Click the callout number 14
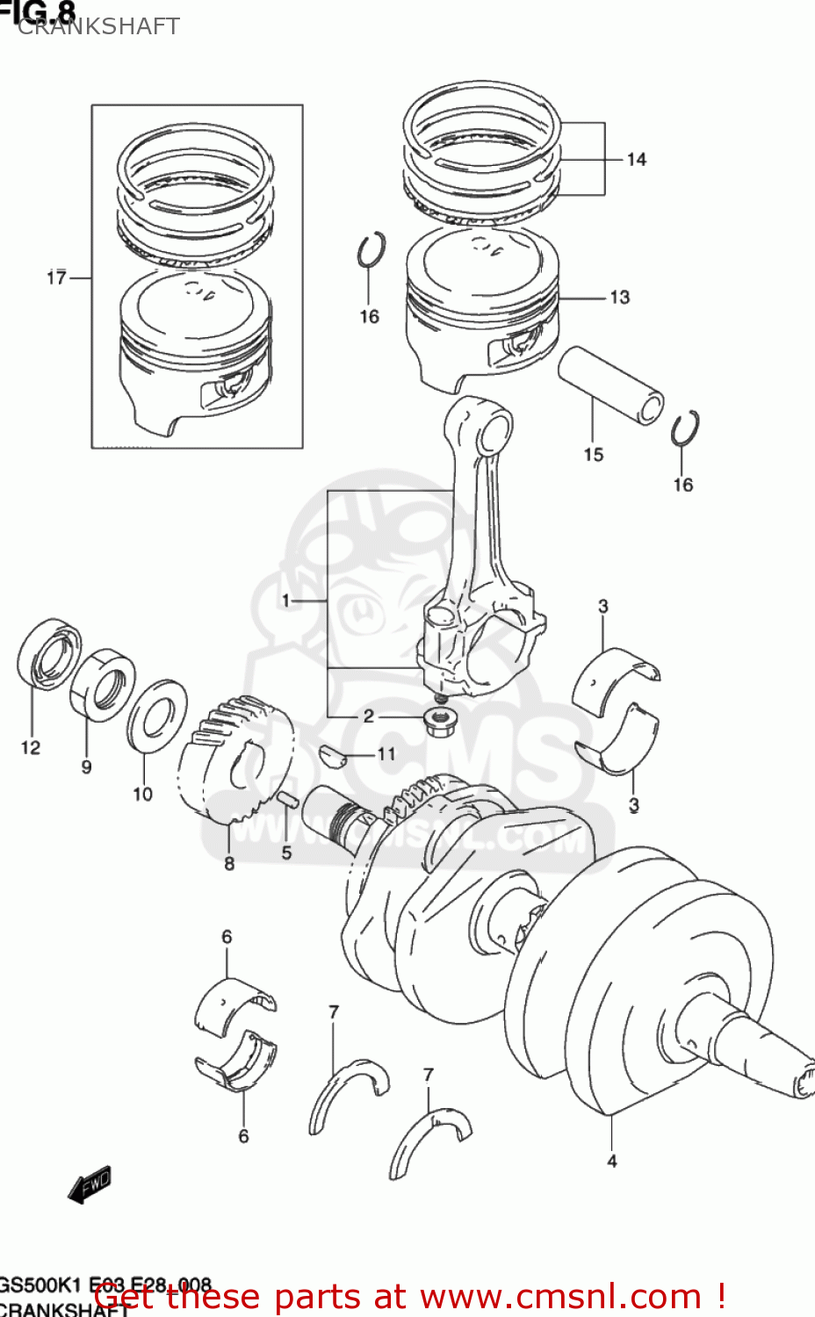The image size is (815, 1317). pos(636,160)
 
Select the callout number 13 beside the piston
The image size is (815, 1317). pos(620,298)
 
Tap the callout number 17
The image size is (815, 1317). pos(56,277)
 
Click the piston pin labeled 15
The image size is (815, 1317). pos(611,385)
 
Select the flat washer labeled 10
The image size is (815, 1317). pos(157,715)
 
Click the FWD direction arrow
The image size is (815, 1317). pos(90,1185)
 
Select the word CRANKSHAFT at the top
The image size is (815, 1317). pos(98,26)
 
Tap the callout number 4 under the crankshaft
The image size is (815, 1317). pos(612,1161)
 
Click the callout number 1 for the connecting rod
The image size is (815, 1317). pos(285,601)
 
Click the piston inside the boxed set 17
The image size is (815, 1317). pos(194,351)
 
